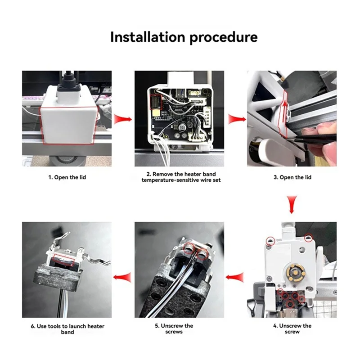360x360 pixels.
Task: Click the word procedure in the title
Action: pyautogui.click(x=223, y=37)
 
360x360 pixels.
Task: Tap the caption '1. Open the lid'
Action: pyautogui.click(x=67, y=177)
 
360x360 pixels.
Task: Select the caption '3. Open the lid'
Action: pyautogui.click(x=292, y=177)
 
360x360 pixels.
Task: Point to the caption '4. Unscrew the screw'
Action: pyautogui.click(x=292, y=328)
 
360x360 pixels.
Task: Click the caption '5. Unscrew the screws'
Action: pyautogui.click(x=180, y=328)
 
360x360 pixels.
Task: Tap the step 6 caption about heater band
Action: pyautogui.click(x=67, y=328)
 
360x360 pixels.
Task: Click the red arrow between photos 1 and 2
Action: pyautogui.click(x=122, y=119)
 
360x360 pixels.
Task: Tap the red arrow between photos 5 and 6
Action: pyautogui.click(x=122, y=278)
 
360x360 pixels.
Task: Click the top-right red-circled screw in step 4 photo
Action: pyautogui.click(x=308, y=237)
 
